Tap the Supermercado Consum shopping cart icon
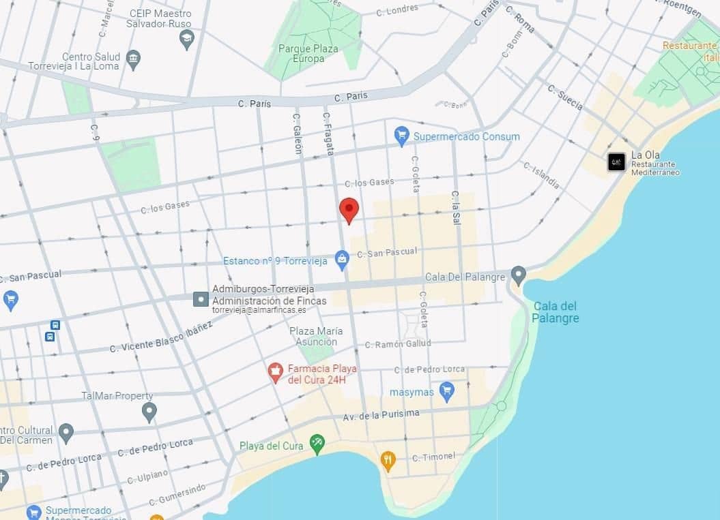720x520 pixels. (402, 136)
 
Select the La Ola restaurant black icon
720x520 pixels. (616, 162)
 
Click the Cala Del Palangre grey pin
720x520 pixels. (519, 276)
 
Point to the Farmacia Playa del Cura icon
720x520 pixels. (276, 372)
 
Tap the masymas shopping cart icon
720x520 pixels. (447, 391)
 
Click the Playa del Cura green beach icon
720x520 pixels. (317, 444)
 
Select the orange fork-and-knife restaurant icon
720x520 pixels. (388, 460)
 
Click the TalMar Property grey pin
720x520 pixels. (149, 411)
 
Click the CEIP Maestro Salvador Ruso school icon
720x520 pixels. (186, 39)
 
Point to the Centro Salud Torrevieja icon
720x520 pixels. (134, 59)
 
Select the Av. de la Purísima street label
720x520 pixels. (381, 414)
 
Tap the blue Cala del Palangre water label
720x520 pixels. (556, 312)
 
